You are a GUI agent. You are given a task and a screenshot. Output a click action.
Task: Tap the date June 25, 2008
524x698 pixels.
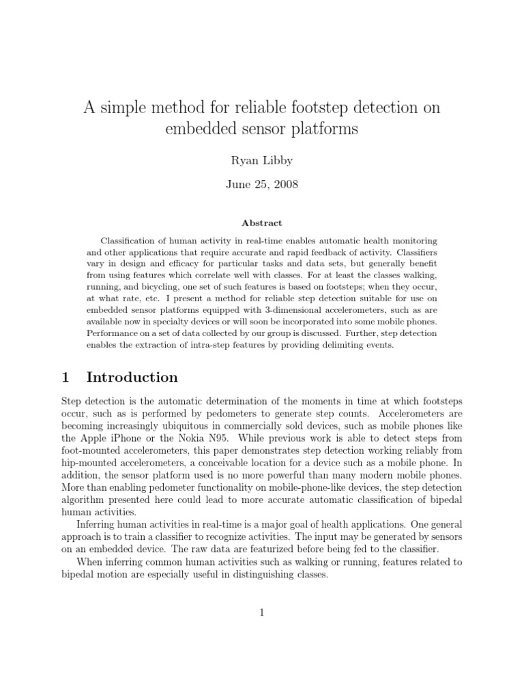click(x=262, y=184)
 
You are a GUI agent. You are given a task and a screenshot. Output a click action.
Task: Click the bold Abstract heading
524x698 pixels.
click(x=262, y=223)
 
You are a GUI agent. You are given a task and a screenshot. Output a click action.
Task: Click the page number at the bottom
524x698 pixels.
click(x=262, y=613)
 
